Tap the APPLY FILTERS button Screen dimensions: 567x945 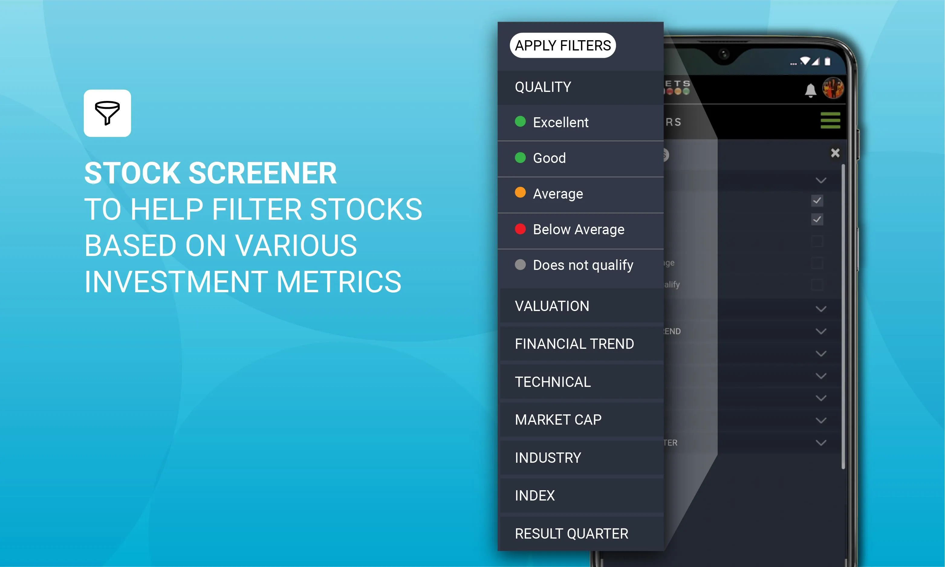coord(563,45)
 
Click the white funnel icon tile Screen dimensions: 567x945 coord(107,113)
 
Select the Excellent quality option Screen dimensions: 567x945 coord(560,122)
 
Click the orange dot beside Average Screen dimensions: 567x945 coord(520,193)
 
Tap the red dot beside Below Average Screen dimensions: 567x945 coord(520,229)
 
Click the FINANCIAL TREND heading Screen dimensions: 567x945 coord(574,344)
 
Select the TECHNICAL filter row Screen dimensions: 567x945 coord(553,382)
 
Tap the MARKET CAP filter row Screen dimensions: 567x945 coord(558,420)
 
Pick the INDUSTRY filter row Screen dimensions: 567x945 coord(547,458)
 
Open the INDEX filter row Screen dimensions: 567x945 coord(534,496)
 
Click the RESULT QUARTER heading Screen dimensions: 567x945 coord(571,533)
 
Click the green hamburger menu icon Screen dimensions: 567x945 coord(830,120)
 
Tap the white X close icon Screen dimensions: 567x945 coord(835,153)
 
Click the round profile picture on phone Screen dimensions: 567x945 coord(833,88)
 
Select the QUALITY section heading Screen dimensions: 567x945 coord(543,87)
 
